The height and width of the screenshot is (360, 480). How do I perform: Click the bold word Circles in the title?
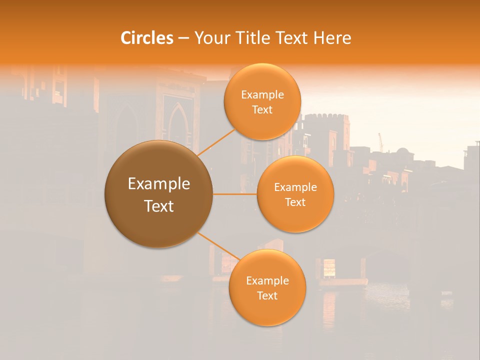[147, 38]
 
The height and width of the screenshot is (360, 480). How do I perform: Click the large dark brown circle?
[158, 194]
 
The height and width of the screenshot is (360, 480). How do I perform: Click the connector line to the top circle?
[216, 141]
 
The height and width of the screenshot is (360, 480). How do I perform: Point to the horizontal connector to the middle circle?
[234, 194]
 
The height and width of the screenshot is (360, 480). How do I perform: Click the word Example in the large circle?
[158, 184]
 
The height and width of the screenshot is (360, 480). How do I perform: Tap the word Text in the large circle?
[158, 206]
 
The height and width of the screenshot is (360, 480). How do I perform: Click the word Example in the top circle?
[262, 95]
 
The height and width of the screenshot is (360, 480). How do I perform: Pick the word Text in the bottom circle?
[267, 295]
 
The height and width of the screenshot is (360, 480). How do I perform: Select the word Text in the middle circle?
[295, 202]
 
